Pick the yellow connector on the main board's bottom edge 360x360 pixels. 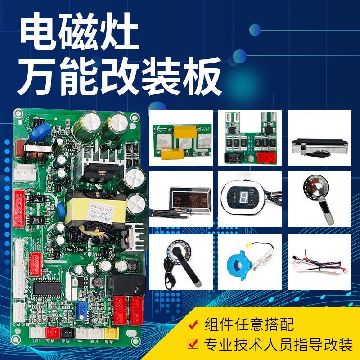coord(110,333)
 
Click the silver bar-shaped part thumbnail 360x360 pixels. coord(315,146)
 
